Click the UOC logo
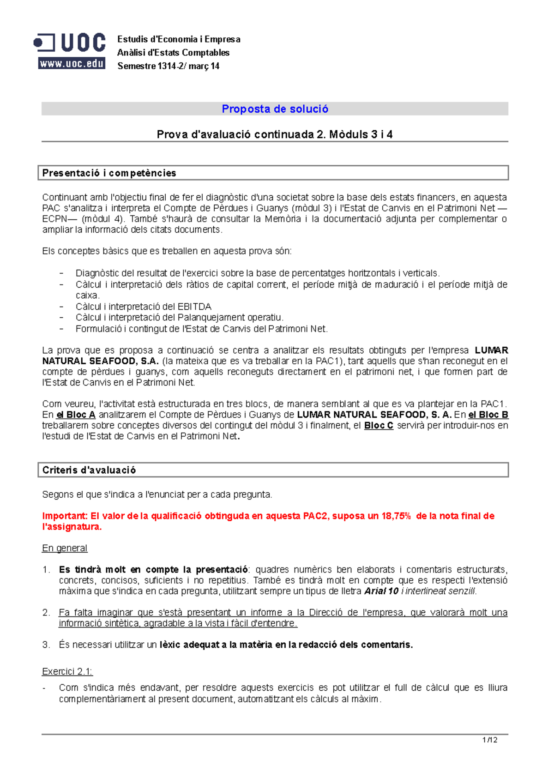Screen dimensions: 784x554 [70, 43]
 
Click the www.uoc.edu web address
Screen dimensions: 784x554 [72, 64]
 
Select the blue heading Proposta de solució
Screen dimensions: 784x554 [275, 109]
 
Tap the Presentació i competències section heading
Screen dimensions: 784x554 [109, 173]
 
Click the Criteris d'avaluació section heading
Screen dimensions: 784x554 [89, 470]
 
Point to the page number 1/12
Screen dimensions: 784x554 [489, 740]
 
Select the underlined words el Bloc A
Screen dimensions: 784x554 [76, 415]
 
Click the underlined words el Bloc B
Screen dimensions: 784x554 [488, 415]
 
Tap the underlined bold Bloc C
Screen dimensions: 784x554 [379, 425]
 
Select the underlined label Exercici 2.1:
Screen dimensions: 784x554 [67, 671]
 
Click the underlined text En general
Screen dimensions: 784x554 [65, 548]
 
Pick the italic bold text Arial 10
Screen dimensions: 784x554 [381, 591]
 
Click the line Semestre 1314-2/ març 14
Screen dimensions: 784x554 [168, 66]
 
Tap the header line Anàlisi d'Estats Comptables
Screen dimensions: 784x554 [173, 53]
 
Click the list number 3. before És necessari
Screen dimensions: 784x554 [46, 645]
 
